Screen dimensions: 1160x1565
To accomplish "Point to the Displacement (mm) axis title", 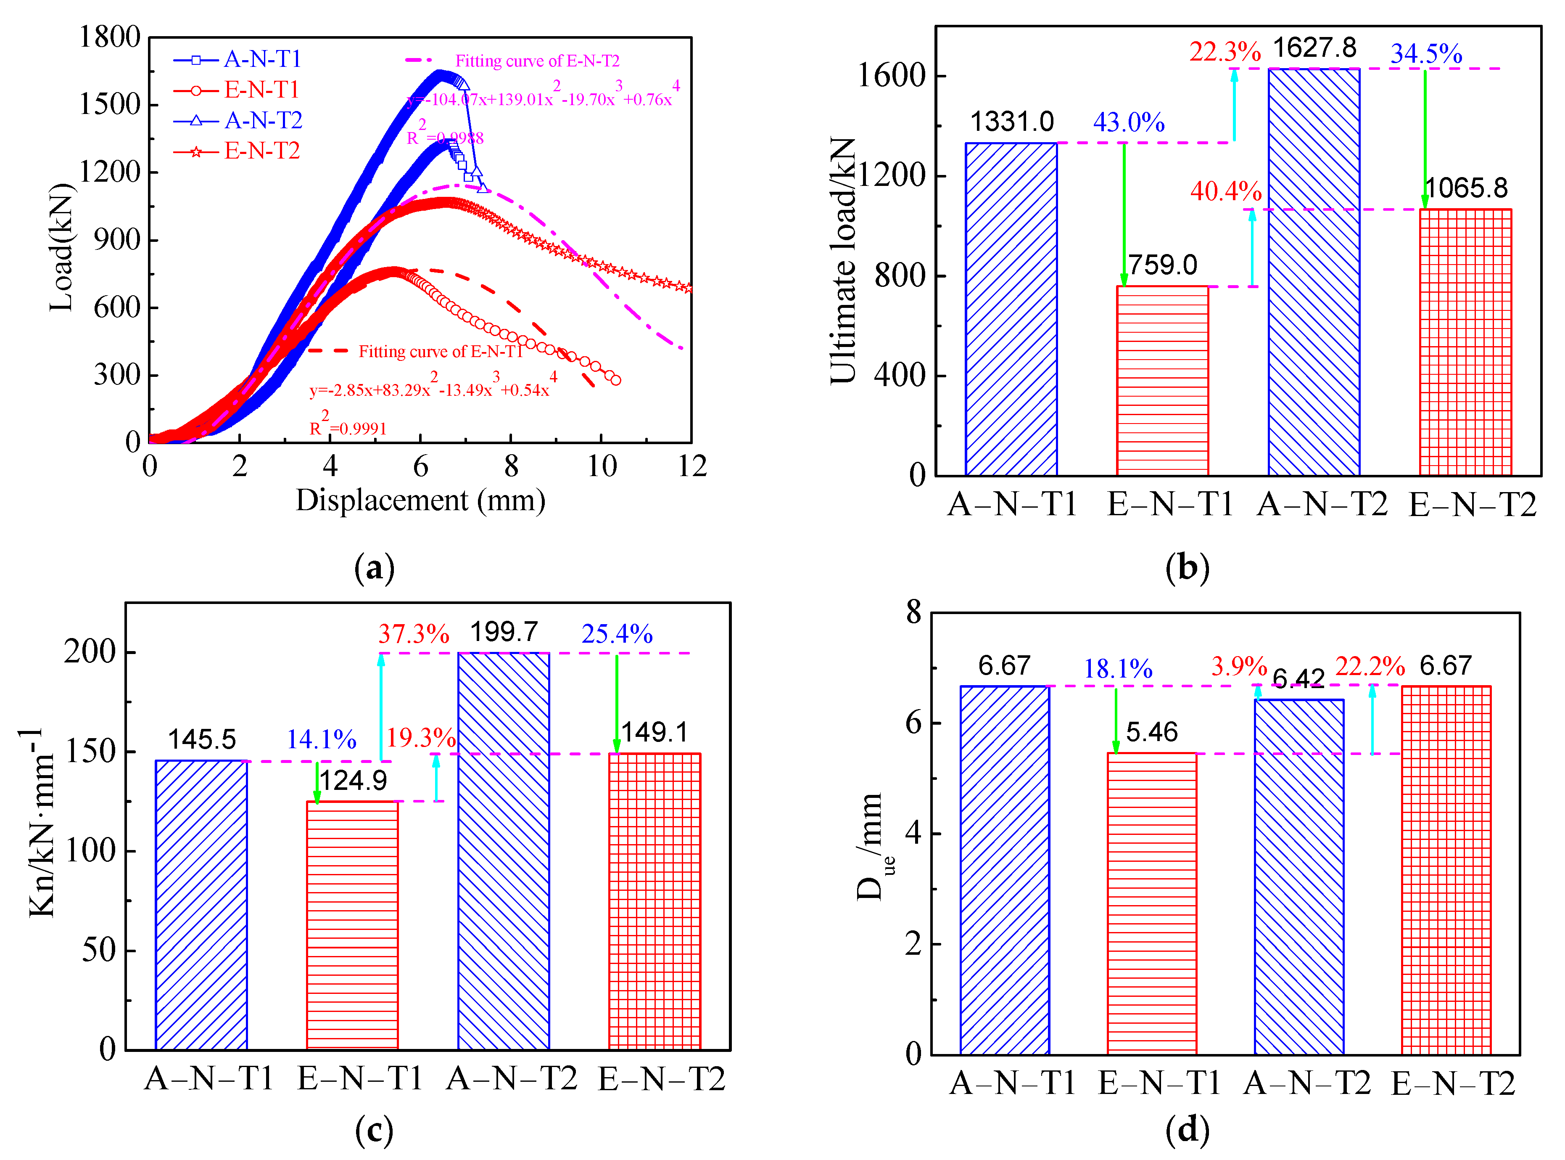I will (420, 501).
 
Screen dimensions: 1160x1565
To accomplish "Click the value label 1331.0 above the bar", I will (1011, 122).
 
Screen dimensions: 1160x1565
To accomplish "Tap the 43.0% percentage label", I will (1129, 123).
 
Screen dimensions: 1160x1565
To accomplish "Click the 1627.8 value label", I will (1314, 48).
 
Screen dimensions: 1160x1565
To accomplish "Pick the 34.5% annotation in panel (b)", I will (1426, 54).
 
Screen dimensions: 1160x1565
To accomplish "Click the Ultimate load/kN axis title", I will (844, 260).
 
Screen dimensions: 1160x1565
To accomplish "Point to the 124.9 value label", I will (354, 780).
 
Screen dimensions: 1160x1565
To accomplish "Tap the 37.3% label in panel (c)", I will (413, 634).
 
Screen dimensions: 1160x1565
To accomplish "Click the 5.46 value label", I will (1152, 732).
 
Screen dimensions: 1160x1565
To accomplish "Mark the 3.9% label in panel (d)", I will (1239, 666).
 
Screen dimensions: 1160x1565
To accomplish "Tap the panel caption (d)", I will (1187, 1131).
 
